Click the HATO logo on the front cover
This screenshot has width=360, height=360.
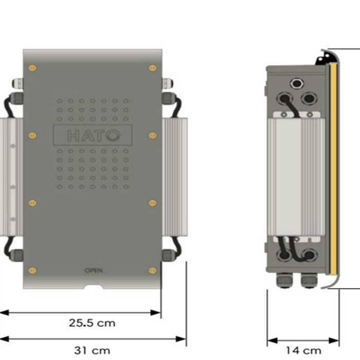pos(93,135)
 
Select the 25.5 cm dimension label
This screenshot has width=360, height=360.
pos(93,323)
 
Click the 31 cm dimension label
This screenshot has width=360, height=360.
pos(92,350)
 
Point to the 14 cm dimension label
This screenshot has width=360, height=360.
pos(303,350)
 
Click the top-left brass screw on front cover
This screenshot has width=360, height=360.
pos(32,68)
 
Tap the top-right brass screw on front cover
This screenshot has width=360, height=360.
pos(152,68)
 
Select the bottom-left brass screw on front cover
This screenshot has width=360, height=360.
pos(32,270)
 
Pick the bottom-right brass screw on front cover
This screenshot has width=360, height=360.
pos(152,270)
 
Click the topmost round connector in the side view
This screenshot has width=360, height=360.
pos(297,83)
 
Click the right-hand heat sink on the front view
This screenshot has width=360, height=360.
pos(175,175)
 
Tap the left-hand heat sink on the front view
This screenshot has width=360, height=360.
pos(11,175)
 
